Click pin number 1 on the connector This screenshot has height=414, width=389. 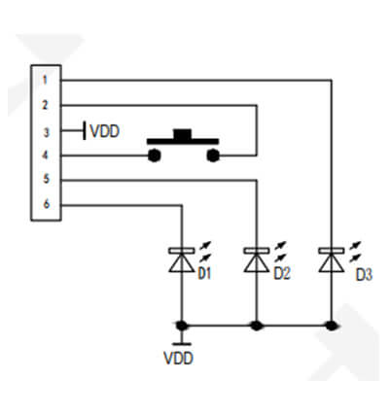pyautogui.click(x=45, y=80)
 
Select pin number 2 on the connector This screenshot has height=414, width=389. pyautogui.click(x=45, y=105)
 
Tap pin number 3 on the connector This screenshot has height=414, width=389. pyautogui.click(x=47, y=132)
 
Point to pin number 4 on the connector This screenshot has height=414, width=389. pyautogui.click(x=45, y=155)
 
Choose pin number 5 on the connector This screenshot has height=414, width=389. pyautogui.click(x=47, y=179)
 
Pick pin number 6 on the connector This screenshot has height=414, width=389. pyautogui.click(x=47, y=204)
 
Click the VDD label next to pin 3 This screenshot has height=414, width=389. pyautogui.click(x=105, y=131)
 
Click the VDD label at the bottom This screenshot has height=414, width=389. pyautogui.click(x=179, y=359)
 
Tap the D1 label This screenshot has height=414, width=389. pyautogui.click(x=204, y=274)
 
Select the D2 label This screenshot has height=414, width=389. pyautogui.click(x=282, y=274)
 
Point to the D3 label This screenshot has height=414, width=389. pyautogui.click(x=364, y=275)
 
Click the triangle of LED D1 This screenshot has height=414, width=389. pyautogui.click(x=182, y=263)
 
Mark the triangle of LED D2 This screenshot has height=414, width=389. pyautogui.click(x=257, y=263)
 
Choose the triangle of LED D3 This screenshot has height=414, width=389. pyautogui.click(x=332, y=263)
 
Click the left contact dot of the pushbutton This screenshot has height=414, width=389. pyautogui.click(x=154, y=155)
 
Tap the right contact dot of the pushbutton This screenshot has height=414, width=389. pyautogui.click(x=213, y=155)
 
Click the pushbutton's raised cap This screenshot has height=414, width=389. pyautogui.click(x=183, y=134)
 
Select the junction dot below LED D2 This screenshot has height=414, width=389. pyautogui.click(x=257, y=325)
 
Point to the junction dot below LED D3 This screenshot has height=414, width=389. pyautogui.click(x=332, y=325)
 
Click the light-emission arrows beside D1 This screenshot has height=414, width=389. pyautogui.click(x=205, y=252)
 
